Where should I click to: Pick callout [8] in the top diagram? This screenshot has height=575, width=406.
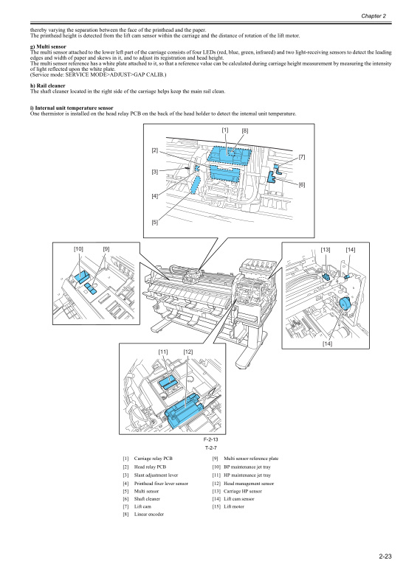(245, 130)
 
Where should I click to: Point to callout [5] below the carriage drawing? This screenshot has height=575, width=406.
(155, 222)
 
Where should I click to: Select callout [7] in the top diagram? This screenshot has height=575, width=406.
(303, 156)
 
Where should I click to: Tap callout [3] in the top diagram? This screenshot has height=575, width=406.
(155, 172)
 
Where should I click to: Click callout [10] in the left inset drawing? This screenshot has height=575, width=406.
(78, 248)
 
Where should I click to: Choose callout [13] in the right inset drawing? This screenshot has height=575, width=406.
(326, 250)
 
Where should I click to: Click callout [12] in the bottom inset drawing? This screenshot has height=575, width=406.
(188, 351)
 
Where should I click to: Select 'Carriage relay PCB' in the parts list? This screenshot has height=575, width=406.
(154, 459)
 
